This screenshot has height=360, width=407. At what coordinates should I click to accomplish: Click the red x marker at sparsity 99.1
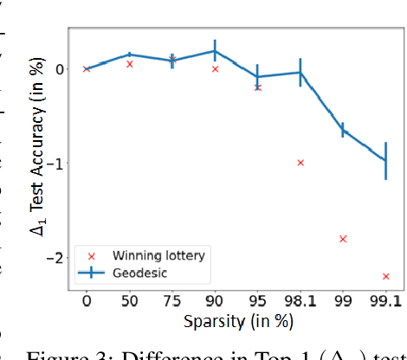pyautogui.click(x=386, y=276)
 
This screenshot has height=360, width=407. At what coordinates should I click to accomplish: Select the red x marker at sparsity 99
pyautogui.click(x=343, y=239)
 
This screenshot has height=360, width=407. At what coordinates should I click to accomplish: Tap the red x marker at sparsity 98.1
pyautogui.click(x=300, y=163)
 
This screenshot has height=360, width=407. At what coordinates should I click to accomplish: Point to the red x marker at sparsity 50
pyautogui.click(x=130, y=64)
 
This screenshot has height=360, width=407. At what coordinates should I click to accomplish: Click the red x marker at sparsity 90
pyautogui.click(x=215, y=68)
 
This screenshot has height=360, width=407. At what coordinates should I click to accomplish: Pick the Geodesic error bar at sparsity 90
pyautogui.click(x=215, y=51)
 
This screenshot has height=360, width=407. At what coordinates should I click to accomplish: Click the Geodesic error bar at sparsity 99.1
pyautogui.click(x=386, y=160)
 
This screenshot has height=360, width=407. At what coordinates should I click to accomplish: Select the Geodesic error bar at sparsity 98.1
pyautogui.click(x=300, y=73)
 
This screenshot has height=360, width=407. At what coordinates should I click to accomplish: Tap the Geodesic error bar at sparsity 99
pyautogui.click(x=343, y=130)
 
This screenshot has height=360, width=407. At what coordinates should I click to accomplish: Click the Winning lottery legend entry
pyautogui.click(x=147, y=255)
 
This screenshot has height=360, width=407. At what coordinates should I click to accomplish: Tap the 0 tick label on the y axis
pyautogui.click(x=57, y=69)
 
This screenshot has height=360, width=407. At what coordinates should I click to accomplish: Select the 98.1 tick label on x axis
pyautogui.click(x=300, y=302)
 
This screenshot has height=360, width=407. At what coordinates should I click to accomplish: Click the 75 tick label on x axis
pyautogui.click(x=172, y=302)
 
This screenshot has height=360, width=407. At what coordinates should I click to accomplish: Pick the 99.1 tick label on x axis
pyautogui.click(x=386, y=302)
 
